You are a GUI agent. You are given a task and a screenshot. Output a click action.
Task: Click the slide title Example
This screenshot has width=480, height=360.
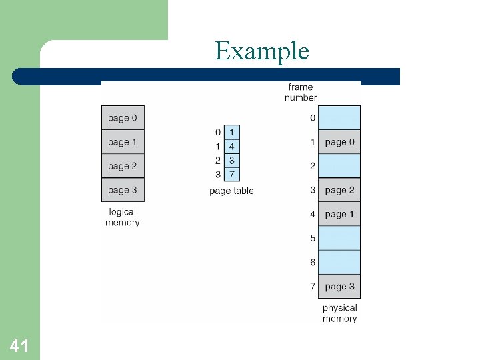(262, 51)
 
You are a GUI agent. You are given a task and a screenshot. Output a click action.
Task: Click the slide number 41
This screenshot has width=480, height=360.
(19, 345)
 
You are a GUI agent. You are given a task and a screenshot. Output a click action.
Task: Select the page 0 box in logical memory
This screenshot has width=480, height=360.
(123, 118)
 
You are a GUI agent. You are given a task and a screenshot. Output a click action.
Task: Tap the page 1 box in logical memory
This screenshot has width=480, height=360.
(123, 142)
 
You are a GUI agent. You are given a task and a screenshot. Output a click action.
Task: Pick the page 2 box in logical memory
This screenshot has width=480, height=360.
(123, 166)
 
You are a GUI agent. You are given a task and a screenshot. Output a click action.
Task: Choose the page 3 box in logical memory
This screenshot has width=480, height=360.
(123, 190)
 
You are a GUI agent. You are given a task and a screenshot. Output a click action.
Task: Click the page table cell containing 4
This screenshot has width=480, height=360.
(231, 146)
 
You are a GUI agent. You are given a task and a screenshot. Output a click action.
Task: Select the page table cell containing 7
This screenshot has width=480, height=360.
(231, 175)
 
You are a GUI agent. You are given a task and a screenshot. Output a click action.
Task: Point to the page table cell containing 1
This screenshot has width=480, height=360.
(231, 132)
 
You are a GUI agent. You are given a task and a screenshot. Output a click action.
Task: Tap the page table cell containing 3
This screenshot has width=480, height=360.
(231, 161)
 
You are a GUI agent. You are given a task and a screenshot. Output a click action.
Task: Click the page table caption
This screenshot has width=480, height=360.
(231, 191)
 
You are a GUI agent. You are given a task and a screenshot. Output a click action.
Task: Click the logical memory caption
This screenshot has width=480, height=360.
(123, 217)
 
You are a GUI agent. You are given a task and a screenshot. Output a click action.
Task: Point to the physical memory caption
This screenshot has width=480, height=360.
(339, 313)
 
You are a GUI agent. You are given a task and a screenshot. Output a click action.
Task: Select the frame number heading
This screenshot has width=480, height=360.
(301, 92)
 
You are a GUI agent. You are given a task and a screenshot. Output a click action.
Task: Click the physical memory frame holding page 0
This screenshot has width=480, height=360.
(339, 142)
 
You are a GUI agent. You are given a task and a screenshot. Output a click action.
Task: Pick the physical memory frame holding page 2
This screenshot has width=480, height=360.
(339, 190)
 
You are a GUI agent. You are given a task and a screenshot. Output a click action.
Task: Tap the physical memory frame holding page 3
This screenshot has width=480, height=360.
(339, 287)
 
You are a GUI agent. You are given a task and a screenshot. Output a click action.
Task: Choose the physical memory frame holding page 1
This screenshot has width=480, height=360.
(339, 214)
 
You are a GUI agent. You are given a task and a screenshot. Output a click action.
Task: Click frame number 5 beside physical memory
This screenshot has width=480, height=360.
(313, 238)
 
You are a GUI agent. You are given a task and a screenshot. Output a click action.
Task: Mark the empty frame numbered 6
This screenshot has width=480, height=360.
(339, 262)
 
